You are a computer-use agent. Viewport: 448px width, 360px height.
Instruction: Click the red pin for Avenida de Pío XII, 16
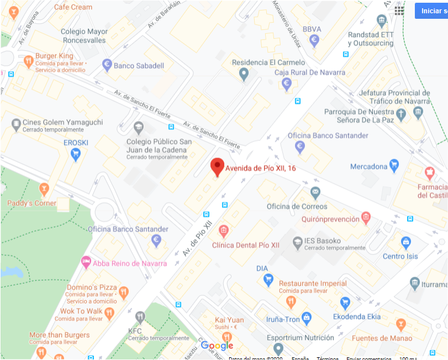pos(218,166)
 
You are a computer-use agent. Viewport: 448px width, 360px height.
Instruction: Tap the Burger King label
pos(54,56)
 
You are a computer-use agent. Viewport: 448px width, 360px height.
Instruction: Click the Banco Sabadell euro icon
pos(107,65)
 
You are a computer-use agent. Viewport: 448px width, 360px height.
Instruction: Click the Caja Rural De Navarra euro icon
pos(286,84)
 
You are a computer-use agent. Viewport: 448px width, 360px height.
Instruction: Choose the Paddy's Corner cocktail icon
pos(43,191)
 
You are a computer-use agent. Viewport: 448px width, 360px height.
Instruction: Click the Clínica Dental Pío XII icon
pos(224,230)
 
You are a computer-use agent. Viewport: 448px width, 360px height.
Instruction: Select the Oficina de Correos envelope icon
pos(315,194)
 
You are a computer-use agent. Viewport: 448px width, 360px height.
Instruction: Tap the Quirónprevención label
pos(330,219)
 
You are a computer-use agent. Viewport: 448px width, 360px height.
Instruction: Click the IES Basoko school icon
pos(297,241)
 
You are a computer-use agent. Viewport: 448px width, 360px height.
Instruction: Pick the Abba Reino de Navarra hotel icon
pos(86,262)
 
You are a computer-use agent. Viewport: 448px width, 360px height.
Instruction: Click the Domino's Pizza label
pos(92,288)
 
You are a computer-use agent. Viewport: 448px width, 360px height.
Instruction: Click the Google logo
pos(217,346)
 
